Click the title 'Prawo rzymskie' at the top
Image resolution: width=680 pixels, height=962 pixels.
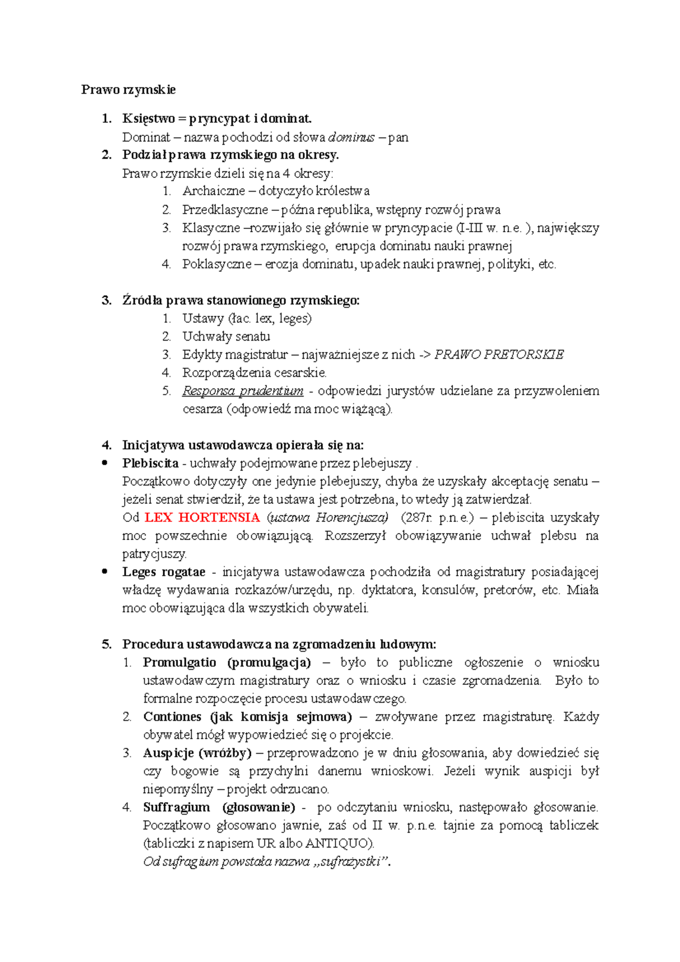point(128,90)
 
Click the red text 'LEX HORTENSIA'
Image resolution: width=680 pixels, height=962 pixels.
point(202,517)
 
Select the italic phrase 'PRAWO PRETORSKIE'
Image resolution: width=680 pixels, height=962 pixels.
point(499,355)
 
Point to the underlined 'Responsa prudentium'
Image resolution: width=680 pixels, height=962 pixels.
point(243,391)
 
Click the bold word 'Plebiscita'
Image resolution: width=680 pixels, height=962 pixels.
point(150,463)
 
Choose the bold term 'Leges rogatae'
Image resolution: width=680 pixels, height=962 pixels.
point(164,572)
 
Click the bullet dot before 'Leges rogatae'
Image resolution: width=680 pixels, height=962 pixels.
point(105,572)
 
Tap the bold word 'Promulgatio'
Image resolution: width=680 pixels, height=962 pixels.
point(180,662)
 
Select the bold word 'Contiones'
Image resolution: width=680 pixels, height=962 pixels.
point(172,717)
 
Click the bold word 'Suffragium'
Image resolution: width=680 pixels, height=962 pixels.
point(176,807)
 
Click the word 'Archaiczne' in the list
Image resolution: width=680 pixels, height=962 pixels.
point(214,191)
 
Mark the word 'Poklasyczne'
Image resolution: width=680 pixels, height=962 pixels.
point(216,264)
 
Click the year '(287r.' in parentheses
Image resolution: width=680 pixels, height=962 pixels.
point(416,517)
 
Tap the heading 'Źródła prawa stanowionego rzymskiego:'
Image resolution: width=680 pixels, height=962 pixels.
point(241,300)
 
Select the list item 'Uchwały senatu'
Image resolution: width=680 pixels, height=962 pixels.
point(226,337)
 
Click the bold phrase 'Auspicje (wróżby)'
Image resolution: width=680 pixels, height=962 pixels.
point(197,753)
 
